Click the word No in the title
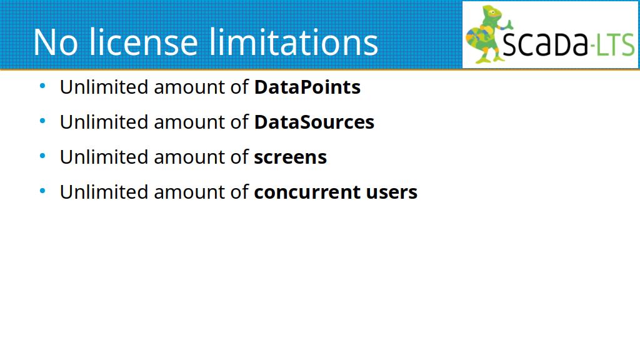pyautogui.click(x=56, y=42)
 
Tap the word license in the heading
pyautogui.click(x=143, y=42)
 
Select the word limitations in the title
pyautogui.click(x=294, y=42)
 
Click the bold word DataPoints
pyautogui.click(x=307, y=87)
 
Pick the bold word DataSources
pyautogui.click(x=314, y=122)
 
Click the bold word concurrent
pyautogui.click(x=307, y=192)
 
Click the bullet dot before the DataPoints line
pyautogui.click(x=42, y=86)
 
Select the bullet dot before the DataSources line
pyautogui.click(x=42, y=121)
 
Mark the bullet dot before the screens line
pyautogui.click(x=42, y=156)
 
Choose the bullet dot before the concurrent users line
pyautogui.click(x=42, y=191)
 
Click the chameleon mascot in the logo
pyautogui.click(x=487, y=34)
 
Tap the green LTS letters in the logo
pyautogui.click(x=615, y=44)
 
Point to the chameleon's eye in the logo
pyautogui.click(x=492, y=12)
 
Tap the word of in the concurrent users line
pyautogui.click(x=239, y=192)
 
